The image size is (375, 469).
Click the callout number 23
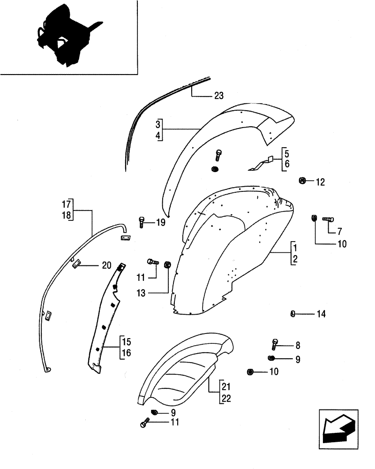[218, 96]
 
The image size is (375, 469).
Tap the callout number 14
[321, 314]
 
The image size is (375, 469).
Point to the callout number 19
[160, 223]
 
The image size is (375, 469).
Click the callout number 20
[106, 265]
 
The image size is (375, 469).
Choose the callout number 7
[340, 232]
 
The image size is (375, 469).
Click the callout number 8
[298, 346]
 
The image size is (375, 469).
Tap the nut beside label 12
[303, 181]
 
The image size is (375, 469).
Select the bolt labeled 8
[275, 345]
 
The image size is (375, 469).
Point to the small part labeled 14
[292, 314]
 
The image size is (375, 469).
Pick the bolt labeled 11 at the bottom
[144, 424]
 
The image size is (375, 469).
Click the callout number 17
[66, 204]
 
